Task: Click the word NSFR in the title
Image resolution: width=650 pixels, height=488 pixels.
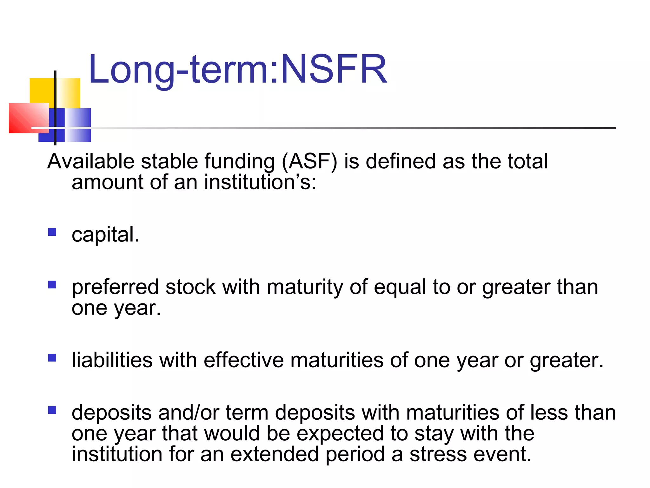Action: pyautogui.click(x=334, y=69)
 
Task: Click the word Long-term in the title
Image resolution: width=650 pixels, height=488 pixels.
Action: pyautogui.click(x=179, y=69)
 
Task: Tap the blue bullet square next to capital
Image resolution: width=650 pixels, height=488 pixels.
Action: pyautogui.click(x=52, y=232)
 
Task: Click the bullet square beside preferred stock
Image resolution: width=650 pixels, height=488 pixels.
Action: pyautogui.click(x=52, y=284)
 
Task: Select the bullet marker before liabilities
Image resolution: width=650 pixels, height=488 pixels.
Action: pyautogui.click(x=52, y=358)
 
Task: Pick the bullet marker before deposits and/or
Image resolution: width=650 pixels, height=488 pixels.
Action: pyautogui.click(x=52, y=410)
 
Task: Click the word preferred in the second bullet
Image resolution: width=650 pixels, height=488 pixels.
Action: pyautogui.click(x=115, y=287)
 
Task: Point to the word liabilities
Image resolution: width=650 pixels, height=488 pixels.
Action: pyautogui.click(x=112, y=360)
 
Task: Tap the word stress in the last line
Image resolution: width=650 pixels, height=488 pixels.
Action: pyautogui.click(x=438, y=454)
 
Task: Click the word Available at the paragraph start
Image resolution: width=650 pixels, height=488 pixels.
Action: pyautogui.click(x=91, y=161)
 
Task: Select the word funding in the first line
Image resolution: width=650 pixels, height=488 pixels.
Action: pyautogui.click(x=240, y=161)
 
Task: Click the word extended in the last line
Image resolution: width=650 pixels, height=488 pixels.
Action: pyautogui.click(x=274, y=454)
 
